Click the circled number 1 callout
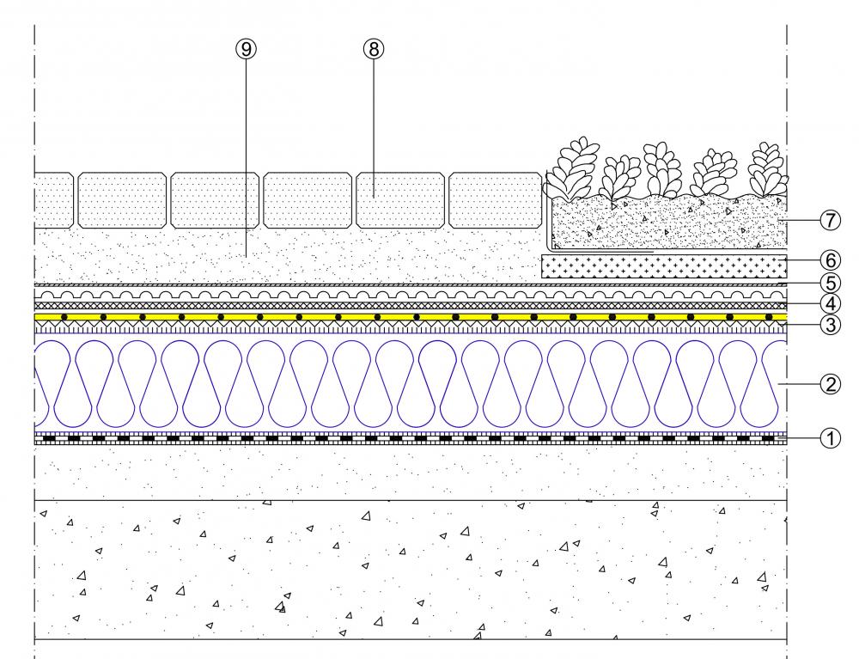830,438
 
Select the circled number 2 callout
830,384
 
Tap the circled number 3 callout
830,325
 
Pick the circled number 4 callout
830,303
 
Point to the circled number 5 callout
830,282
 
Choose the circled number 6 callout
830,260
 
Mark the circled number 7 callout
830,220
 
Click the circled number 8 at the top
372,50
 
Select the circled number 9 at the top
246,50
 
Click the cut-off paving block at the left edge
53,199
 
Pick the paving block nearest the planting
494,199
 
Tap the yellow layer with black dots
412,317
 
